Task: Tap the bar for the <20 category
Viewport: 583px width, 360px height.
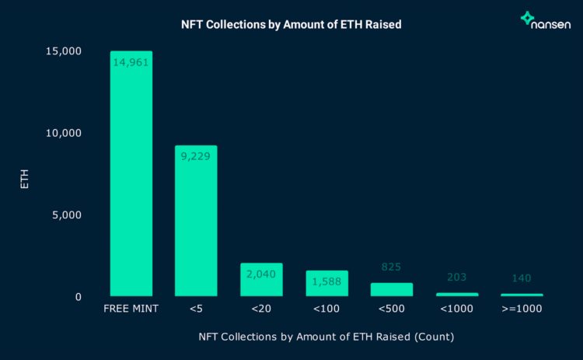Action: [260, 281]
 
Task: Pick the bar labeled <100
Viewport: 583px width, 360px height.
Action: [326, 285]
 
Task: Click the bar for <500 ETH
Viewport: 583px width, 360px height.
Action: [391, 289]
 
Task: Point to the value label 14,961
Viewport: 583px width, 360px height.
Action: [131, 62]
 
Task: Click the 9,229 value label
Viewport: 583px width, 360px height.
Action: [195, 156]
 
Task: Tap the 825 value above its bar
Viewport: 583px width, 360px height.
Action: [391, 267]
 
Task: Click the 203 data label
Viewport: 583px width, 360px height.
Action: [456, 277]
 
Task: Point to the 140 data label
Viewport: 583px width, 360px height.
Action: [522, 278]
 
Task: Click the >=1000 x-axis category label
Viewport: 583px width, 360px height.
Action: [522, 309]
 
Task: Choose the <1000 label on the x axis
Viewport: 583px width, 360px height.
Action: [456, 309]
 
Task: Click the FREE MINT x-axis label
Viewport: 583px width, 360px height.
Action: [131, 309]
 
